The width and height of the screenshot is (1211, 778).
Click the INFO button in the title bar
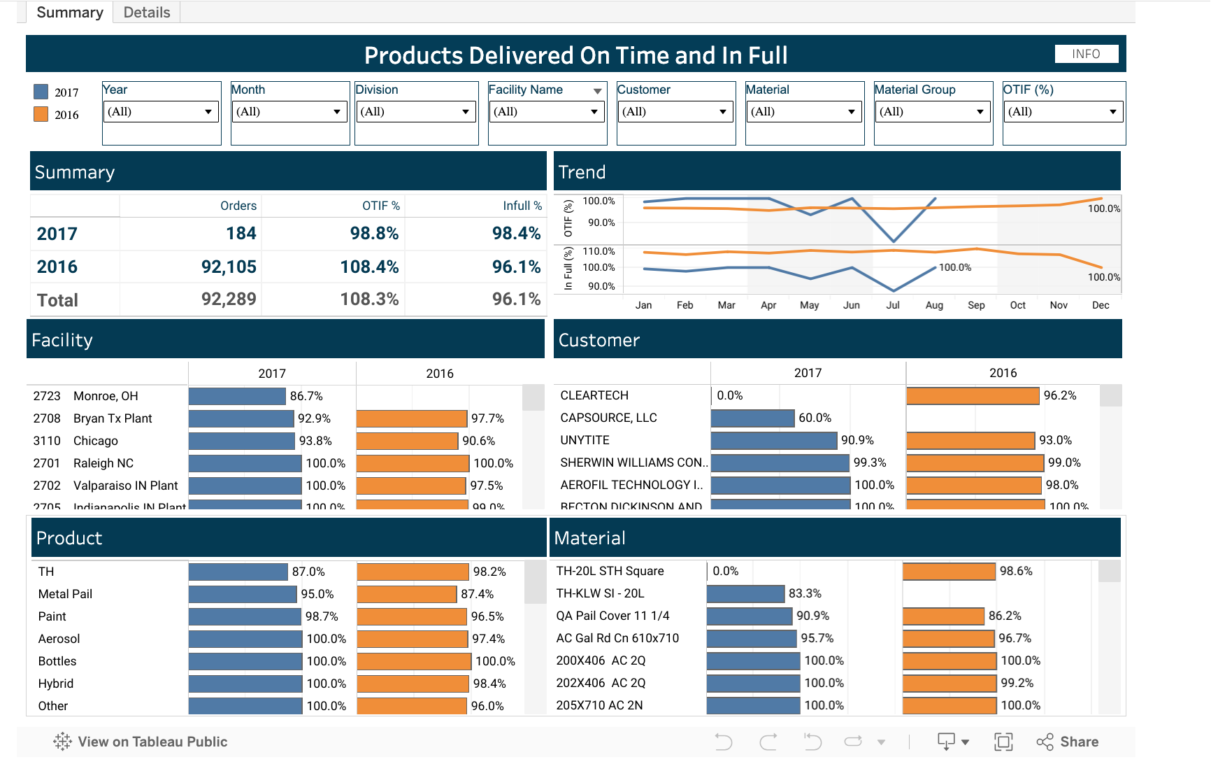pyautogui.click(x=1086, y=54)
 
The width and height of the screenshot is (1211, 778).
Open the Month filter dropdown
pyautogui.click(x=289, y=112)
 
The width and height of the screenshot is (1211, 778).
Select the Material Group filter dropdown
pyautogui.click(x=933, y=112)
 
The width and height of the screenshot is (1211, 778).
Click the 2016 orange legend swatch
pyautogui.click(x=41, y=114)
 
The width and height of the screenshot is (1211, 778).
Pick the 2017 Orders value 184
pyautogui.click(x=241, y=234)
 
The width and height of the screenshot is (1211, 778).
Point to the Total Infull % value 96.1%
pyautogui.click(x=516, y=299)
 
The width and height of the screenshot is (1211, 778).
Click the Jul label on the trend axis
pyautogui.click(x=893, y=305)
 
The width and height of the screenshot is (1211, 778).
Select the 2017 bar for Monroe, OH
pyautogui.click(x=237, y=396)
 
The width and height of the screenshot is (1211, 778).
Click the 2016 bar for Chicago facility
pyautogui.click(x=407, y=441)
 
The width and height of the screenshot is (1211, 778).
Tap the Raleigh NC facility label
pyautogui.click(x=103, y=463)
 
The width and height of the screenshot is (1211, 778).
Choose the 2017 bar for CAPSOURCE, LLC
pyautogui.click(x=752, y=418)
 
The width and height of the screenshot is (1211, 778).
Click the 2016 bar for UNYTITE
pyautogui.click(x=970, y=440)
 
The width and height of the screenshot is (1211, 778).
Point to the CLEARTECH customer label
pyautogui.click(x=594, y=395)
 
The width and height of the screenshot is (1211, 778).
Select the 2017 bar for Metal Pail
pyautogui.click(x=243, y=594)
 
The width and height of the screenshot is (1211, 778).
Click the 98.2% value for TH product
pyautogui.click(x=489, y=572)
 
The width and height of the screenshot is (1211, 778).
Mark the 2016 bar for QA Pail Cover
pyautogui.click(x=943, y=616)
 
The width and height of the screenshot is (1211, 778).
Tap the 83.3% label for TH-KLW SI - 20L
pyautogui.click(x=805, y=593)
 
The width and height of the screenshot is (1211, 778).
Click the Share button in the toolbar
pyautogui.click(x=1068, y=742)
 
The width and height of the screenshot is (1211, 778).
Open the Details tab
pyautogui.click(x=147, y=13)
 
